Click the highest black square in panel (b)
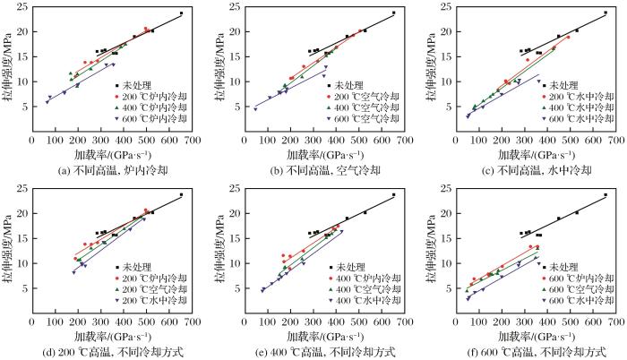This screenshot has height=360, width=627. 393,13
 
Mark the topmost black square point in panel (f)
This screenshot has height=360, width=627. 606,194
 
